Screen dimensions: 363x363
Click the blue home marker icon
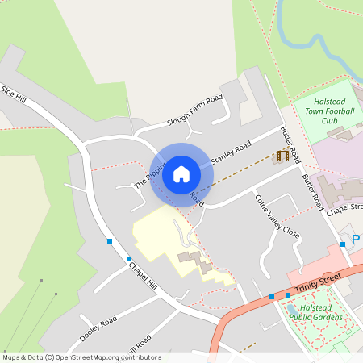coord(181,173)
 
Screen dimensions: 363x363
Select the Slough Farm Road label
coord(194,111)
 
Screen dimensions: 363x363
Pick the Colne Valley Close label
coord(277,215)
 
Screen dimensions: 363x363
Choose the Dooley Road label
coord(98,328)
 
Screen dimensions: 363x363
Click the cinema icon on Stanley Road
coord(282,156)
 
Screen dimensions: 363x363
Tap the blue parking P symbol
coord(356,239)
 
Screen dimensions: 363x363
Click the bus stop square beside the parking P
coord(343,244)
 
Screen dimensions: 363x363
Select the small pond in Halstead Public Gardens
coord(291,308)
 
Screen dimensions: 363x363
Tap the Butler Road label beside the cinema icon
coord(290,141)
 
